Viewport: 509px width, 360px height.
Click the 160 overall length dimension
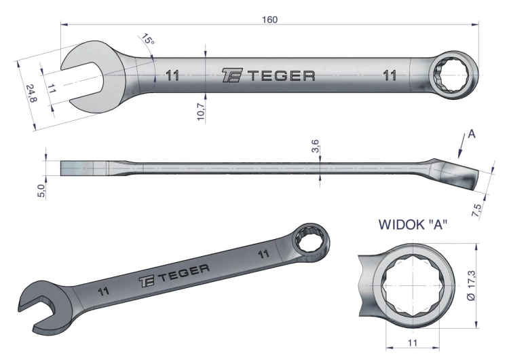[x=269, y=20]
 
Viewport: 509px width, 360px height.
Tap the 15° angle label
[x=148, y=39]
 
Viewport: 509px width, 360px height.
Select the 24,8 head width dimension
[x=31, y=93]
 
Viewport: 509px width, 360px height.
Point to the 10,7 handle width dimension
[x=201, y=112]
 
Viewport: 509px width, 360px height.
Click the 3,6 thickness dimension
[x=315, y=146]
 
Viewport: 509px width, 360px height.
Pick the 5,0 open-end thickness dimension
[x=41, y=191]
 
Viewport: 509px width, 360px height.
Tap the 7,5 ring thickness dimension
[x=478, y=211]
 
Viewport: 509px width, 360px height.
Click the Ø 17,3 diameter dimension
[x=472, y=286]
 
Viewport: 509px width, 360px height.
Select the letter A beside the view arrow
[x=472, y=134]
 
